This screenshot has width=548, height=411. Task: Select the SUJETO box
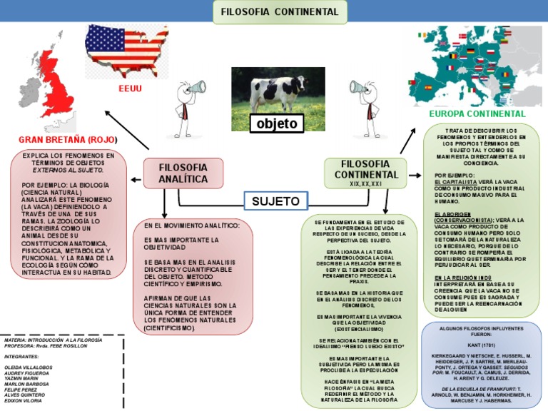[x=275, y=201]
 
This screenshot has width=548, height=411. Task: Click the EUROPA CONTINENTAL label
[x=477, y=113]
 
